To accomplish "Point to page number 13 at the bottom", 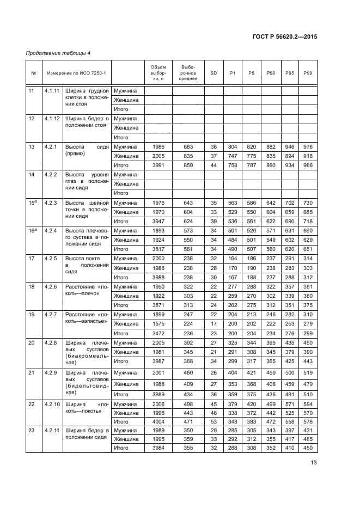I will (313, 463).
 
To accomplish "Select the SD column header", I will (212, 73).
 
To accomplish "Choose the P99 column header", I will (308, 73).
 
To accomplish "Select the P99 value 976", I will (308, 146).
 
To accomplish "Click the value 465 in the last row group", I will (308, 438).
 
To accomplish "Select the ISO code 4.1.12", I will (52, 118).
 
